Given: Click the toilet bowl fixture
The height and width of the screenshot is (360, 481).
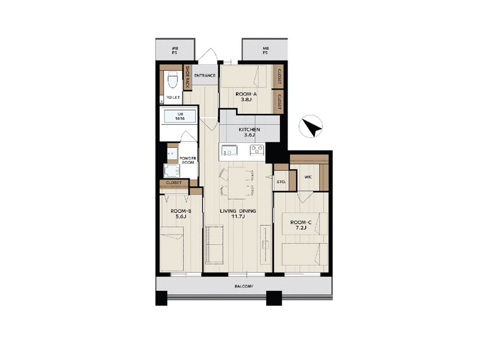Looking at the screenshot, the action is (173, 80).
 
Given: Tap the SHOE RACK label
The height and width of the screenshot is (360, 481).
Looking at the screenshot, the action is (187, 77).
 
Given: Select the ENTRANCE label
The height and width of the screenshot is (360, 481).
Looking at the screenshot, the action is (205, 76).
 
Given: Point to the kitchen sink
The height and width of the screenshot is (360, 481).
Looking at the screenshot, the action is (228, 150).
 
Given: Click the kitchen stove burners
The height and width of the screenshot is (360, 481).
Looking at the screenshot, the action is (257, 149).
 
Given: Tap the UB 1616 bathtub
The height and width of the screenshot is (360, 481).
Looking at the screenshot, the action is (180, 116).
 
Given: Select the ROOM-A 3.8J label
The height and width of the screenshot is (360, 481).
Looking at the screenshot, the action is (246, 97).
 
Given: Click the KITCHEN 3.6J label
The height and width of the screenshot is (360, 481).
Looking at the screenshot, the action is (249, 132).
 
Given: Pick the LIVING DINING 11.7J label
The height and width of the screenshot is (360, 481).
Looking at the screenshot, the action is (238, 214).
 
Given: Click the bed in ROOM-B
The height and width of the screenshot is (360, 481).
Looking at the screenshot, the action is (172, 249).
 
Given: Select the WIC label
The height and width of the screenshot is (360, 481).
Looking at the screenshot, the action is (308, 177).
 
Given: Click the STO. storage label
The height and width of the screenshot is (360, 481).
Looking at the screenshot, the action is (281, 182).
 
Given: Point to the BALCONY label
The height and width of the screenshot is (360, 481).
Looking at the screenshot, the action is (244, 286).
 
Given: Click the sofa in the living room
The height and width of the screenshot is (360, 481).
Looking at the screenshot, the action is (214, 244).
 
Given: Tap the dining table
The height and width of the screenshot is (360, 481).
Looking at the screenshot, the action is (237, 182).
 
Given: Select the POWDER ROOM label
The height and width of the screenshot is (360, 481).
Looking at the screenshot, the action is (188, 160).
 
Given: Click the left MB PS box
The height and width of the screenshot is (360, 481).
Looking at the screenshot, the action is (175, 49).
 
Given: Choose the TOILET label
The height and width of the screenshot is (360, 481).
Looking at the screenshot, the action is (173, 97).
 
